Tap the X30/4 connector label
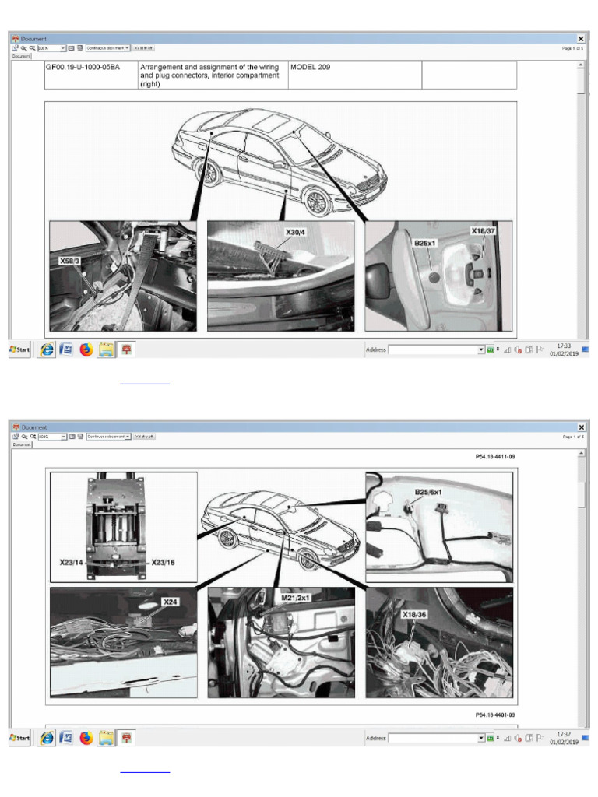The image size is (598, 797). [x=296, y=232]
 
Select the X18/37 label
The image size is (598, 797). [x=483, y=231]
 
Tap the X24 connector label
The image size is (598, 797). [x=170, y=602]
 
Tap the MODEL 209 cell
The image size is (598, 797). [x=310, y=68]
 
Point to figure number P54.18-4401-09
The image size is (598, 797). [x=495, y=714]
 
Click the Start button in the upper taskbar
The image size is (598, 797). [x=19, y=349]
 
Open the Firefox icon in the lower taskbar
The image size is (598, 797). [x=86, y=737]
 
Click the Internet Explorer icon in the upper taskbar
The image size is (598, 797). [x=47, y=349]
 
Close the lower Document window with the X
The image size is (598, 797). [x=581, y=427]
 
